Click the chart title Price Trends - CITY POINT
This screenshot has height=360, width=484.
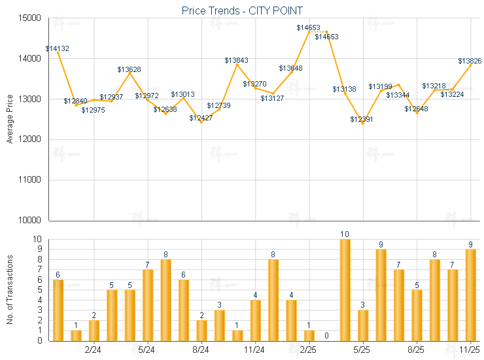(x=243, y=11)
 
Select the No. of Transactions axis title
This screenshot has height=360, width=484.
(x=10, y=289)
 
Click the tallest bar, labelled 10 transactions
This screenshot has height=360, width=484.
(x=345, y=290)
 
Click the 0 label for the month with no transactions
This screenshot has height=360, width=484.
(x=326, y=335)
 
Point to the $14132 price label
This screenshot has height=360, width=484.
(x=58, y=48)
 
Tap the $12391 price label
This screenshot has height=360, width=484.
(x=362, y=119)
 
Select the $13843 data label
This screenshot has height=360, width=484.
(x=236, y=60)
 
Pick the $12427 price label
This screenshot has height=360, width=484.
(x=201, y=118)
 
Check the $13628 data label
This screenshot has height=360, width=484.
(x=129, y=69)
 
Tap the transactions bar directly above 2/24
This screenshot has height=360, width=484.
(x=94, y=330)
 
